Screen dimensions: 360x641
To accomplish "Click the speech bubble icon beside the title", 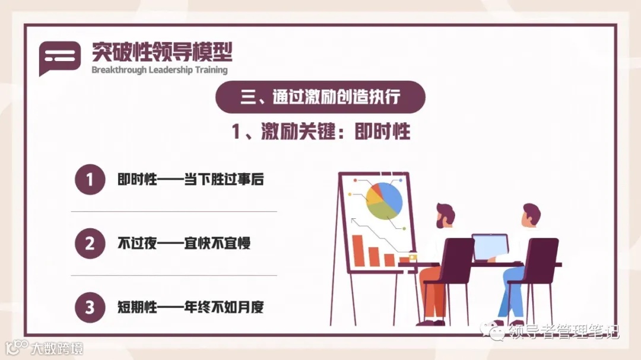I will [x=59, y=58].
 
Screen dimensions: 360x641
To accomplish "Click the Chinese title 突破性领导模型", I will [x=161, y=52].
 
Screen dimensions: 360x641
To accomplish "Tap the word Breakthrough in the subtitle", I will [x=116, y=70].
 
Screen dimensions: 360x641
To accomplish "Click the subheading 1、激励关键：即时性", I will [x=320, y=132].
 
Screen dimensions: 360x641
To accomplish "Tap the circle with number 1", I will [x=90, y=179].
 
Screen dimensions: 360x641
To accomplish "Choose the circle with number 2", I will [x=90, y=243].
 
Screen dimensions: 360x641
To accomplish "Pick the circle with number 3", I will [x=90, y=308].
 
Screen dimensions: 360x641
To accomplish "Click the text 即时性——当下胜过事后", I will [x=190, y=180].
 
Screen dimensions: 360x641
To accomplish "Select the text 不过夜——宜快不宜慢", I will [x=183, y=243].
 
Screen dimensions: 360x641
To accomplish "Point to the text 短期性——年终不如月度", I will [x=190, y=308].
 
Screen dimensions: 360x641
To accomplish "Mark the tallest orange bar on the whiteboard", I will [x=357, y=250].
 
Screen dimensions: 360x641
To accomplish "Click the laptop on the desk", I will [x=490, y=247].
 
